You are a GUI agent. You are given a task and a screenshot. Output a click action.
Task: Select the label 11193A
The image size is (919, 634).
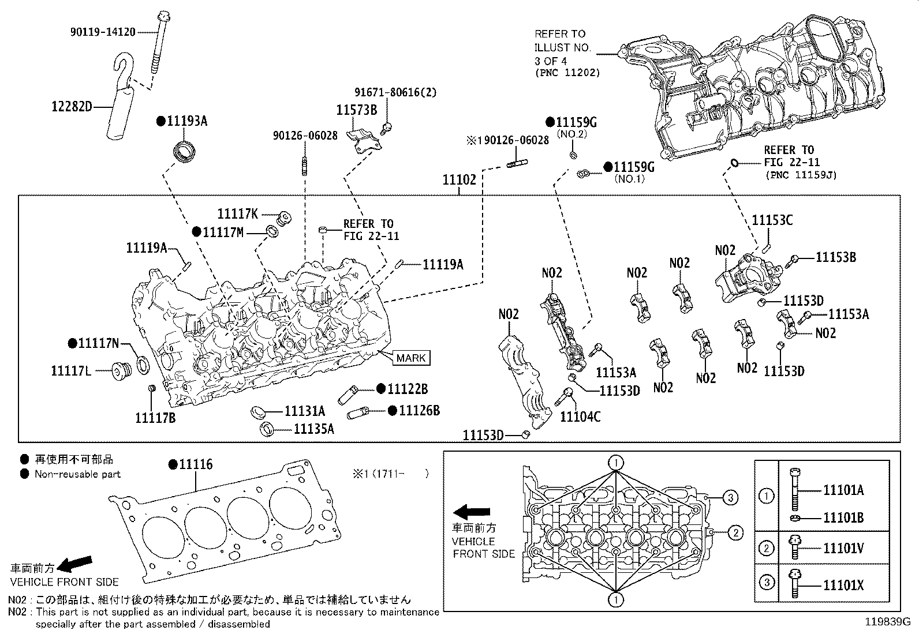pos(186,121)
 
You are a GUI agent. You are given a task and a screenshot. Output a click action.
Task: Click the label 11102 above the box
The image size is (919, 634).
pos(459,180)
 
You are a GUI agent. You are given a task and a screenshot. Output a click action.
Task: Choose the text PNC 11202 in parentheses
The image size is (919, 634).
pos(567,73)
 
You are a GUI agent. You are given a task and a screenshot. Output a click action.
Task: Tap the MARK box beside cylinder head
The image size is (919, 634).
pos(411,358)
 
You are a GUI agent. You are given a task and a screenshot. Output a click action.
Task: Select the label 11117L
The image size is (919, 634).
pos(71,370)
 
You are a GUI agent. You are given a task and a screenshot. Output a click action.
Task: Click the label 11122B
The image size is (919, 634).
pos(408,389)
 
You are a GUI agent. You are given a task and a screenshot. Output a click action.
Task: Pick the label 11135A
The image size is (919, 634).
pos(314,429)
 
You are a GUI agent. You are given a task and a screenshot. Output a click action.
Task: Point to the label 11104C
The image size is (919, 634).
pos(580,416)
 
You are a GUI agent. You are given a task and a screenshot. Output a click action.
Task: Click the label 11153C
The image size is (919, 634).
pos(772,220)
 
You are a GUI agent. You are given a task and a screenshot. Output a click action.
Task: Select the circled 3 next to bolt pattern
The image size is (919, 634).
pos(730,497)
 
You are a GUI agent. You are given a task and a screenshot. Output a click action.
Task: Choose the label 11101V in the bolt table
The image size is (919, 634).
pos(843,549)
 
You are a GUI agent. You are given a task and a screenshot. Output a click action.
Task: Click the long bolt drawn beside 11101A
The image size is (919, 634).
pos(794,487)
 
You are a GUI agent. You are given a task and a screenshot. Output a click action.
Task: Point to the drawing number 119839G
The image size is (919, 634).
pos(887,622)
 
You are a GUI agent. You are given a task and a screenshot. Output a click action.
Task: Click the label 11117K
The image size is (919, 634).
pos(238,213)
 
